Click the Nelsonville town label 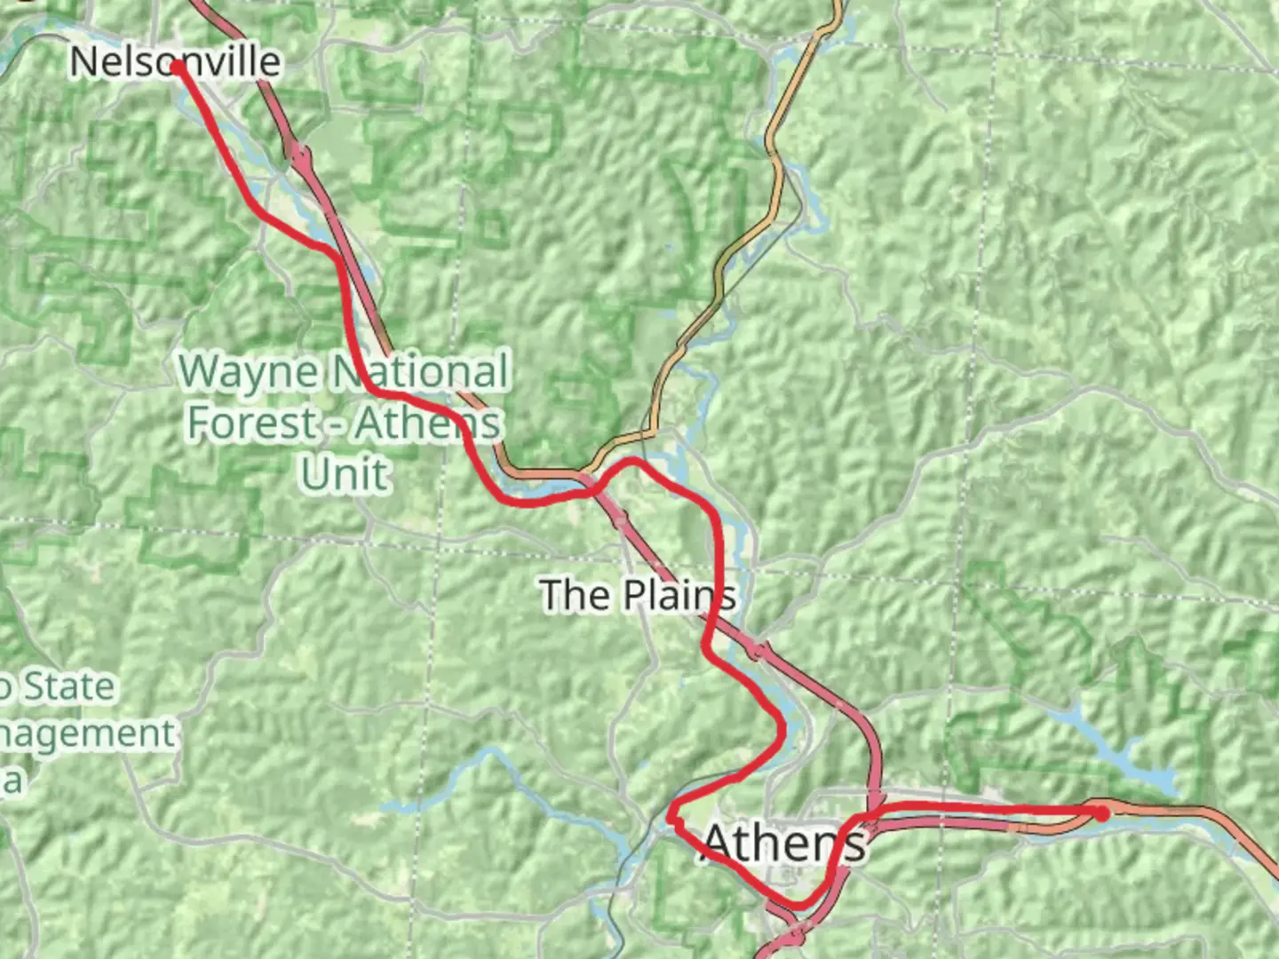click(x=175, y=61)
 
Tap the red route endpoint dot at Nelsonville click(x=178, y=67)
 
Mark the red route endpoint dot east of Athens click(x=1101, y=812)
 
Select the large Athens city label click(x=783, y=843)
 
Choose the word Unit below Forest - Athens click(x=345, y=474)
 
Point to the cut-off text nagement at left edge click(x=87, y=733)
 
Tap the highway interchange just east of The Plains click(x=756, y=650)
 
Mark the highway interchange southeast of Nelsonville click(x=299, y=156)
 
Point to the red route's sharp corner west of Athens click(x=672, y=813)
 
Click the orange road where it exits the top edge click(x=836, y=4)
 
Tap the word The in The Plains click(x=572, y=595)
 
